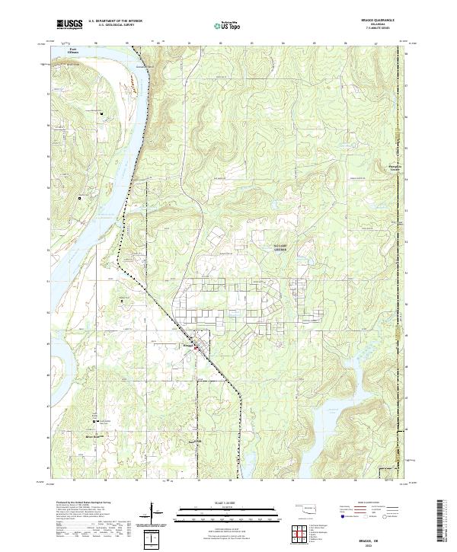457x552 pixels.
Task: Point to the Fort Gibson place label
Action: tap(72, 51)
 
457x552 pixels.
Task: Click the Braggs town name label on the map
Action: tap(188, 344)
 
